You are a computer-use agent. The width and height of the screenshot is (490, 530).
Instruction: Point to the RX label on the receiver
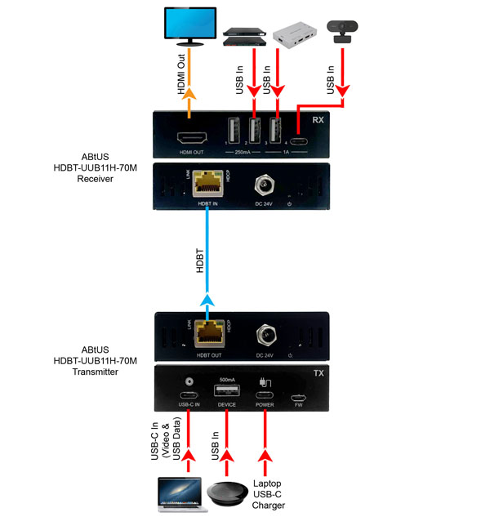318,118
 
